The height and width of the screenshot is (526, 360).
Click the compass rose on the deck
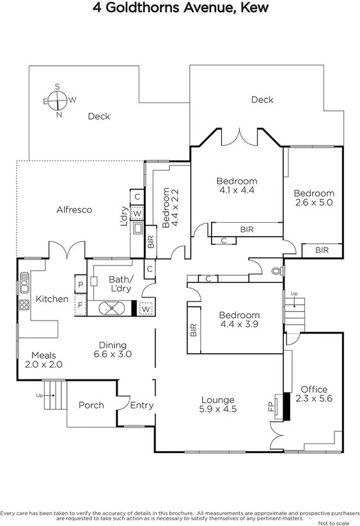click(57, 100)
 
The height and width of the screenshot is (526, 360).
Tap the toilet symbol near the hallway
click(276, 271)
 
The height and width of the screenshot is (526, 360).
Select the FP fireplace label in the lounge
click(270, 406)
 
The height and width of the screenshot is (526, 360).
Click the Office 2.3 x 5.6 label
click(314, 394)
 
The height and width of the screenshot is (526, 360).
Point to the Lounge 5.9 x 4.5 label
click(217, 404)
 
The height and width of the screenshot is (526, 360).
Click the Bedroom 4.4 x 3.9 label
click(239, 320)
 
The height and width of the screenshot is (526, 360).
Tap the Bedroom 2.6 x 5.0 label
click(314, 198)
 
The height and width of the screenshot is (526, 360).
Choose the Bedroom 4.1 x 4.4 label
click(237, 185)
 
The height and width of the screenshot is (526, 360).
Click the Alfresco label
click(74, 209)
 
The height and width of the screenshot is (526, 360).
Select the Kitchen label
click(52, 299)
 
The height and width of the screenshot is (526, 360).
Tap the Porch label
click(91, 405)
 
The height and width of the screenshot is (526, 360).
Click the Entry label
click(141, 405)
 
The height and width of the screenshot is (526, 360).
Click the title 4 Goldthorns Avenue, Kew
click(180, 8)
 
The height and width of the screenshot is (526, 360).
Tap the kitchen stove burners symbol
click(24, 305)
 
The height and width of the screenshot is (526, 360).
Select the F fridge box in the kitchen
click(81, 305)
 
